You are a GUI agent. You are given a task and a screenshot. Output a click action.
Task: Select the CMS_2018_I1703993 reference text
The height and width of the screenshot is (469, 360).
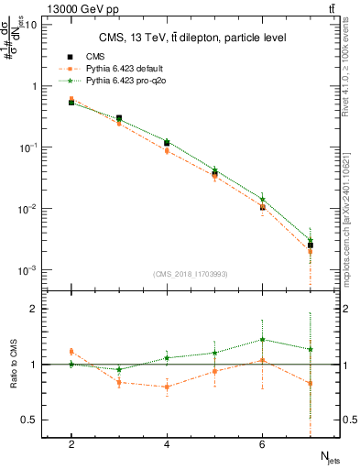click(x=191, y=274)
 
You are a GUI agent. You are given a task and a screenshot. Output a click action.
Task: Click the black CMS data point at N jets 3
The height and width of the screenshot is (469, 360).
click(x=119, y=118)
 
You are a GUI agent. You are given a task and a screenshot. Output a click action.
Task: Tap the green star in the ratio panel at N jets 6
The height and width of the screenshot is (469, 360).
click(x=263, y=340)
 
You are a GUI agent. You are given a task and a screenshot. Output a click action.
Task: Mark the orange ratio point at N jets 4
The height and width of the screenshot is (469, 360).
click(x=167, y=387)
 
